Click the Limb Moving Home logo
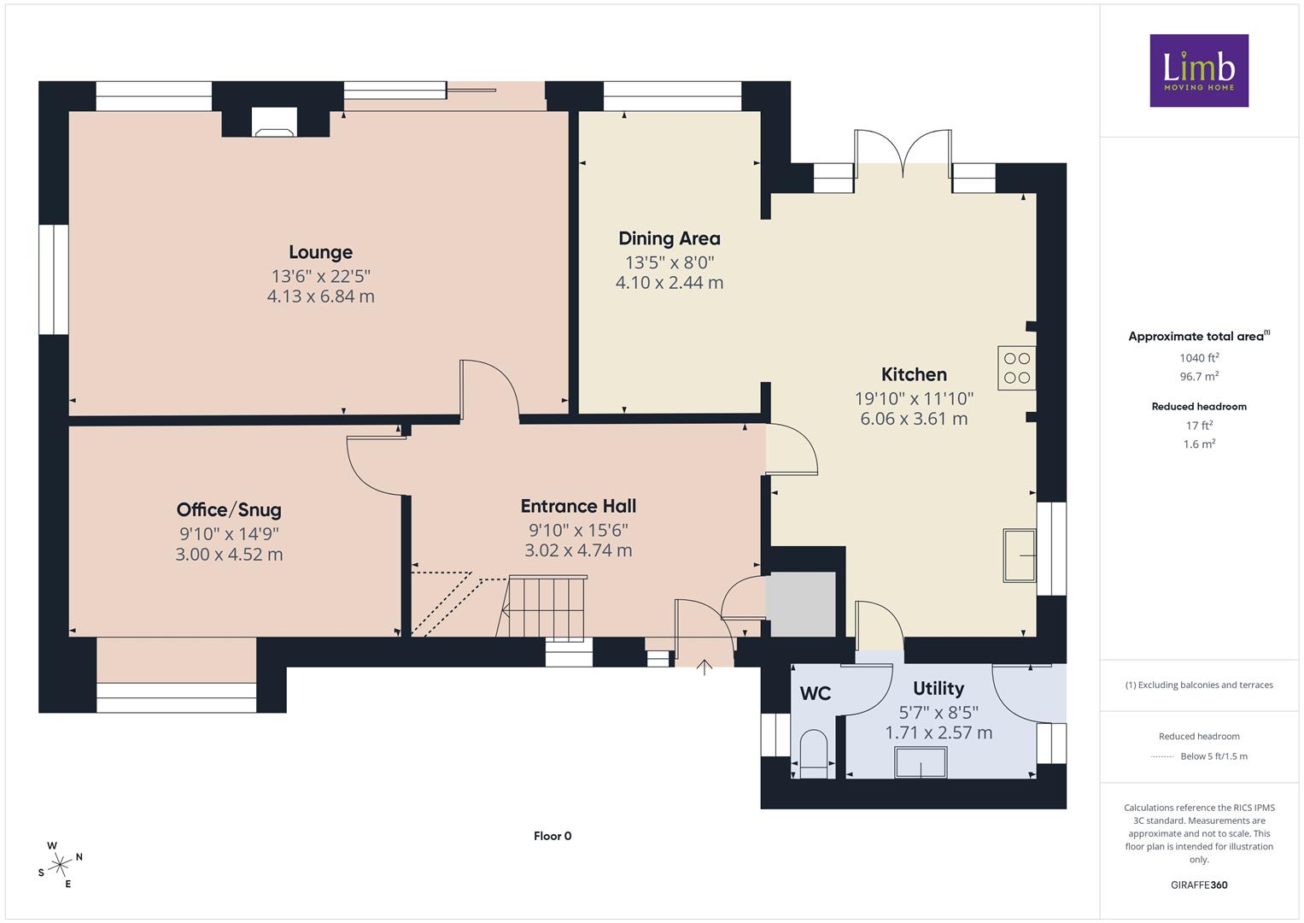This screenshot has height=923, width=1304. point(1199,70)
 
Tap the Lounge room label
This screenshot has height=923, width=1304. point(321,252)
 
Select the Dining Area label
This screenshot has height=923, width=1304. point(670,238)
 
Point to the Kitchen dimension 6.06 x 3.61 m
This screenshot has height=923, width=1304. point(914,419)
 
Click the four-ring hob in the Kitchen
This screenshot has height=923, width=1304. point(1016,368)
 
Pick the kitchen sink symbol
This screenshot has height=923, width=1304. point(1020,556)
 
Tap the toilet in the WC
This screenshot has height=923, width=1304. point(814,755)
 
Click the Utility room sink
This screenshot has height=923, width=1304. point(921,762)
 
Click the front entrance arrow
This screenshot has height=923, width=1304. point(705,667)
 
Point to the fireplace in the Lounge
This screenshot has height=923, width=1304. point(275,123)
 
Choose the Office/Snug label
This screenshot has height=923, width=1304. point(229,510)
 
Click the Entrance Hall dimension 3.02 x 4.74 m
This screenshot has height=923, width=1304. point(578,550)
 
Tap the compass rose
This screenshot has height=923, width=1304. point(60,865)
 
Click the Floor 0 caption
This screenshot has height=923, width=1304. point(553,836)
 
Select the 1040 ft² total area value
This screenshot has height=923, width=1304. point(1199,358)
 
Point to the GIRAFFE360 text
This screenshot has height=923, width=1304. point(1199,885)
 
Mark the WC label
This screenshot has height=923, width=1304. point(816,693)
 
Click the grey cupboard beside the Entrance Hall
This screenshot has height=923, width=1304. point(800,604)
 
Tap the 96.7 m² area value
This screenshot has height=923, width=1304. point(1199,376)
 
